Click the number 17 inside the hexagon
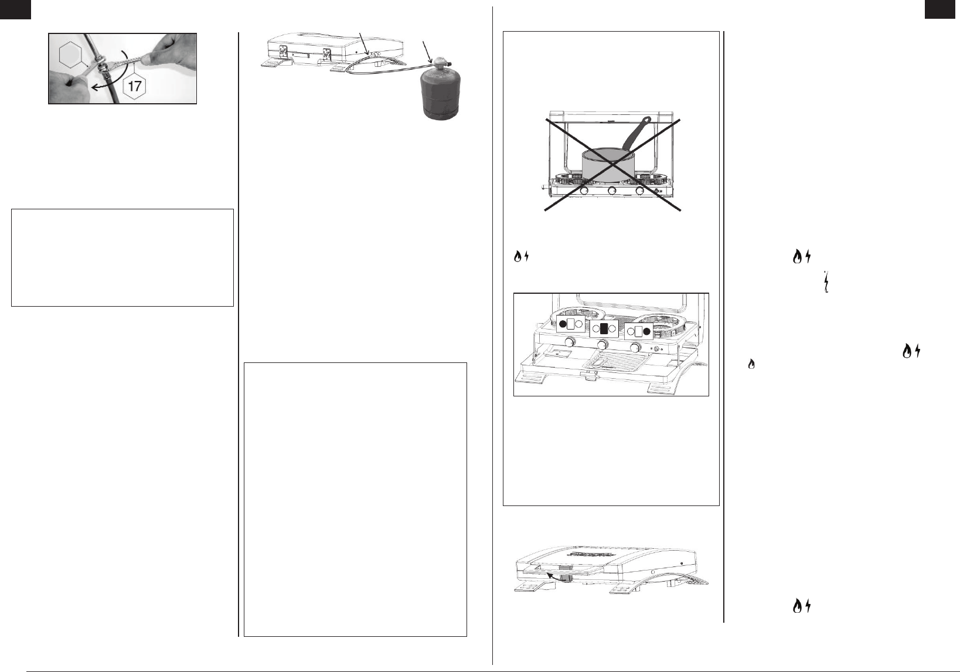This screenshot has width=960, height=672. point(135,86)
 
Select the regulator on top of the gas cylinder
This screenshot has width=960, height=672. point(441,63)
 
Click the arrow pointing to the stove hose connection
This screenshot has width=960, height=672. point(363,42)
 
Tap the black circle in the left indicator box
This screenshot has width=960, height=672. point(563,324)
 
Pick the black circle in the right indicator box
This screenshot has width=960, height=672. point(646,331)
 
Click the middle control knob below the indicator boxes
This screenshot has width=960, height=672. point(604,344)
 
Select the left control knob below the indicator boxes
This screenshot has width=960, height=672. point(570,342)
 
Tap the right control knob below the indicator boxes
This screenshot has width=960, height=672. point(636,347)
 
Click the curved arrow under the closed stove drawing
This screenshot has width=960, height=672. point(557,577)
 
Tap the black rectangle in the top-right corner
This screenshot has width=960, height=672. point(942,9)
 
